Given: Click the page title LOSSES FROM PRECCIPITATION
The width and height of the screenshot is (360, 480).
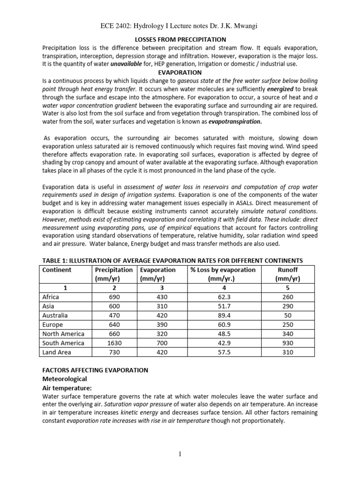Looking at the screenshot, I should (180, 40).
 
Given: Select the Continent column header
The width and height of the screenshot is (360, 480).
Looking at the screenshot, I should (57, 270).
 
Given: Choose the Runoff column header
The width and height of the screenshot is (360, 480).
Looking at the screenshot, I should (288, 270).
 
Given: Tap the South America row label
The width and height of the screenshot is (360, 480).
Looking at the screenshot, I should (63, 343).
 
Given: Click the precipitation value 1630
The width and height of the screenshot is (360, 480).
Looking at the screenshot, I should (114, 343).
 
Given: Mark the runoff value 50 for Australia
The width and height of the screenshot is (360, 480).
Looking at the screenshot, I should (288, 315).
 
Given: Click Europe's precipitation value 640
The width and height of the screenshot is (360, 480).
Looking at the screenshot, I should (114, 324).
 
